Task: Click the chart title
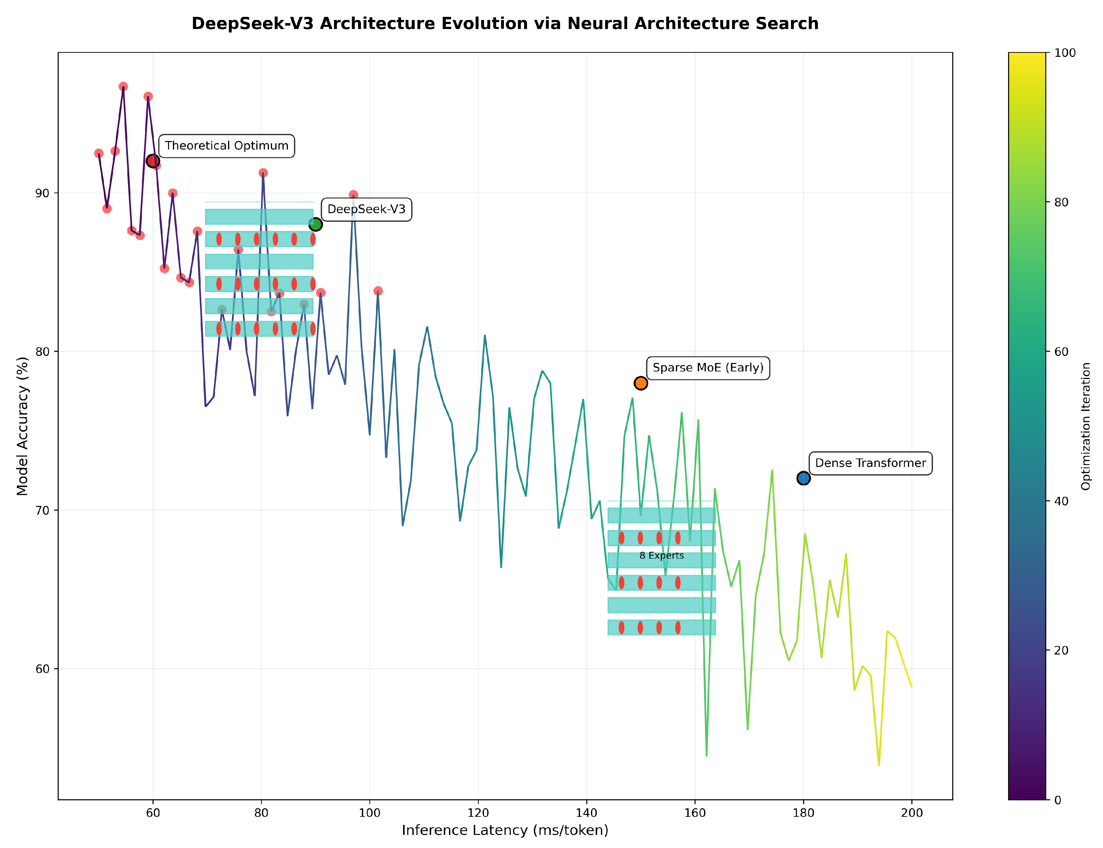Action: pyautogui.click(x=505, y=24)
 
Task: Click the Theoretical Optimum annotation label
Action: pyautogui.click(x=227, y=146)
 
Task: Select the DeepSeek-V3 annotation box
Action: pyautogui.click(x=366, y=209)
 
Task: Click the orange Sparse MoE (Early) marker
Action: pyautogui.click(x=640, y=383)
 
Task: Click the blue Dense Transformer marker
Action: pyautogui.click(x=803, y=478)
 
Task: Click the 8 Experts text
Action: pyautogui.click(x=661, y=556)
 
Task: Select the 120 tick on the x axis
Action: pyautogui.click(x=478, y=813)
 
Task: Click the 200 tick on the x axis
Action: pyautogui.click(x=911, y=813)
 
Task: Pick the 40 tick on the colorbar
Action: pyautogui.click(x=1061, y=501)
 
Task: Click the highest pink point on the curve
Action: pyautogui.click(x=123, y=87)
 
